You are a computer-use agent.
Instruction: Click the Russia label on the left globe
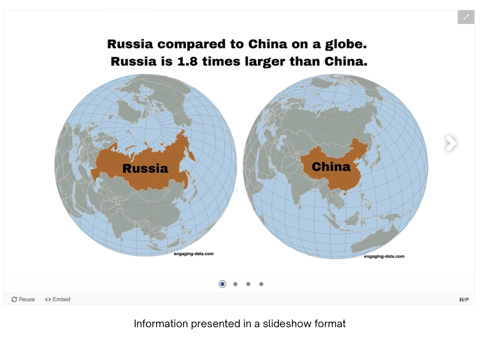pyautogui.click(x=145, y=168)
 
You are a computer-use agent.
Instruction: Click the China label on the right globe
pyautogui.click(x=331, y=166)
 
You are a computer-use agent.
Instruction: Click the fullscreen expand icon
pyautogui.click(x=466, y=17)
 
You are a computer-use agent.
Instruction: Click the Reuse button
pyautogui.click(x=23, y=300)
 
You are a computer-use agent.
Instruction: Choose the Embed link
pyautogui.click(x=58, y=300)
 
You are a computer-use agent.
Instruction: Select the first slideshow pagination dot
pyautogui.click(x=222, y=284)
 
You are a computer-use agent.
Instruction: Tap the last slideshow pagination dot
pyautogui.click(x=261, y=284)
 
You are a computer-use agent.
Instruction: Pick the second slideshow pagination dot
pyautogui.click(x=235, y=284)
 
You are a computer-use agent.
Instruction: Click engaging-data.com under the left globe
pyautogui.click(x=194, y=254)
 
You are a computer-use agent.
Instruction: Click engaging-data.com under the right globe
pyautogui.click(x=384, y=256)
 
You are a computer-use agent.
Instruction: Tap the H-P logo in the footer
pyautogui.click(x=464, y=300)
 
